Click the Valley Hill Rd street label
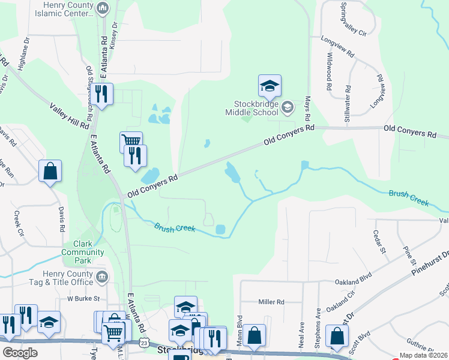click(x=70, y=114)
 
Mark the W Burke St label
click(x=82, y=298)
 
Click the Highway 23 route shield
click(x=143, y=341)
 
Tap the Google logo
click(x=20, y=352)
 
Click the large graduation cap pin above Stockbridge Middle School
click(x=270, y=86)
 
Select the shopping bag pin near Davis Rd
click(x=50, y=171)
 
